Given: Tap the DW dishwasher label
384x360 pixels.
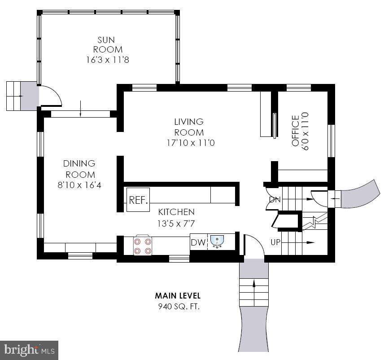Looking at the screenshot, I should (198, 242).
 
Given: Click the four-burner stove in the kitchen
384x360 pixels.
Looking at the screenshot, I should (142, 246).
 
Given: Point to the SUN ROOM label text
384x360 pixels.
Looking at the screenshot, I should (108, 45).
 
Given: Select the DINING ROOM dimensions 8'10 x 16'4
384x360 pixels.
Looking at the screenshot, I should (79, 184).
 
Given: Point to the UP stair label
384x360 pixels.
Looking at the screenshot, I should (276, 242).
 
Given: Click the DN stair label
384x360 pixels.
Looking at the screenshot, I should (275, 200).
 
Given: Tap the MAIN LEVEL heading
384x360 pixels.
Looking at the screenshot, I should (178, 296).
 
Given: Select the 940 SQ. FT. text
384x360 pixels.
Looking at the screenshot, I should (178, 307).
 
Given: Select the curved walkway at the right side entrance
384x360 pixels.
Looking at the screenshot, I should (359, 194).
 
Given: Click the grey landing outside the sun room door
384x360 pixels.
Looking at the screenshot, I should (29, 96).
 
